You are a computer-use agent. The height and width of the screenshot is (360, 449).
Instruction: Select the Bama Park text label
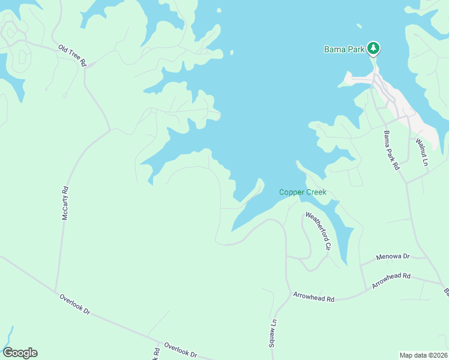pos(345,49)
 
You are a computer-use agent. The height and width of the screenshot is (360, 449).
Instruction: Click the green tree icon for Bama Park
pos(373,48)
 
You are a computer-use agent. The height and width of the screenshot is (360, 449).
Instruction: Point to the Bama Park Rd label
pos(391,151)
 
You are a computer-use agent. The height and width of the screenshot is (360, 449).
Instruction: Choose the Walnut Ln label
pos(424,152)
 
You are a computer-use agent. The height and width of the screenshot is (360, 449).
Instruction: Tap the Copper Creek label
pos(303,192)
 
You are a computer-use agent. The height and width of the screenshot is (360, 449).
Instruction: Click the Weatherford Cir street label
pos(318,230)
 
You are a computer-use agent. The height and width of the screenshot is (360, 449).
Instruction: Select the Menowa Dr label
pos(393,257)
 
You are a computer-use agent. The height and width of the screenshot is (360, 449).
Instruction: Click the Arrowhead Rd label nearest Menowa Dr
pos(391,280)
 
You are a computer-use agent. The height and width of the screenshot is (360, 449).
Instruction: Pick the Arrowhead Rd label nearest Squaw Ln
pos(313,296)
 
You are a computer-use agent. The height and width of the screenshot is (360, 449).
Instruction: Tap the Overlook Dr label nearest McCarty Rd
pos(74,304)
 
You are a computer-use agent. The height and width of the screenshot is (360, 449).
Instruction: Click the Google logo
pos(20,353)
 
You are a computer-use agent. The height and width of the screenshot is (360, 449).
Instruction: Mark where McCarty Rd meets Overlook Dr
pos(58,292)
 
